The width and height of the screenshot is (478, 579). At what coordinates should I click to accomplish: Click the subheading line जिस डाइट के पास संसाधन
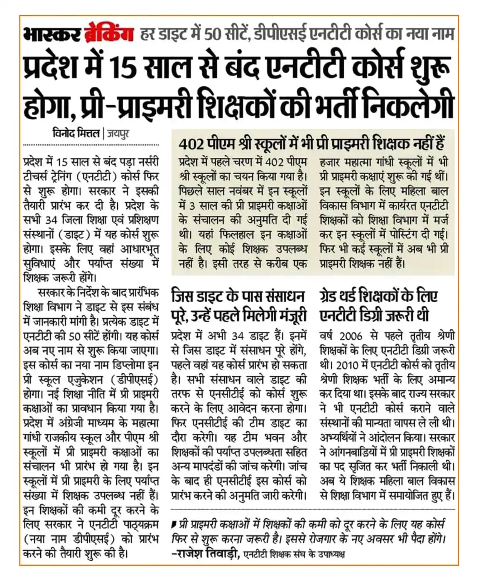(x=239, y=297)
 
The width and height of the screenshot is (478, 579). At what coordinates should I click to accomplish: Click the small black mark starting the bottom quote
(x=174, y=525)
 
